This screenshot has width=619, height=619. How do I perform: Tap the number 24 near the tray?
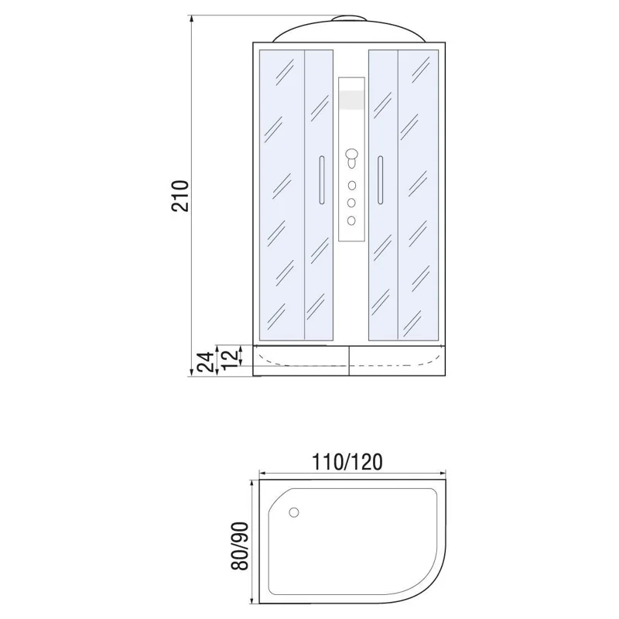coord(205,361)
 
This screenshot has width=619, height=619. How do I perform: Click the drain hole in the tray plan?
coord(293,512)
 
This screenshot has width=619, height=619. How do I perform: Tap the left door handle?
coord(319,180)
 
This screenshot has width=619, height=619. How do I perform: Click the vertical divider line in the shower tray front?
coord(351,361)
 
